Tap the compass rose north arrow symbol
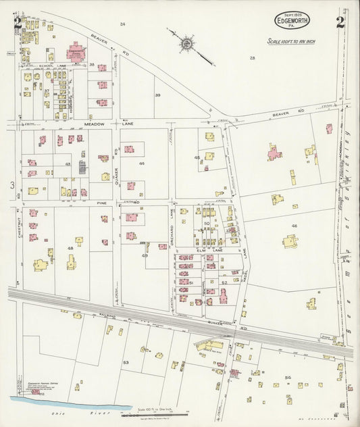click(x=187, y=45)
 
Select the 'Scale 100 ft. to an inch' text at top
click(x=291, y=42)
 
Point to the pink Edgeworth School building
click(x=76, y=52)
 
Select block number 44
click(x=142, y=164)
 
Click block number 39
click(x=157, y=95)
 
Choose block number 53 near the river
click(x=126, y=363)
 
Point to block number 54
click(x=288, y=377)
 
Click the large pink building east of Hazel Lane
click(x=275, y=153)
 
